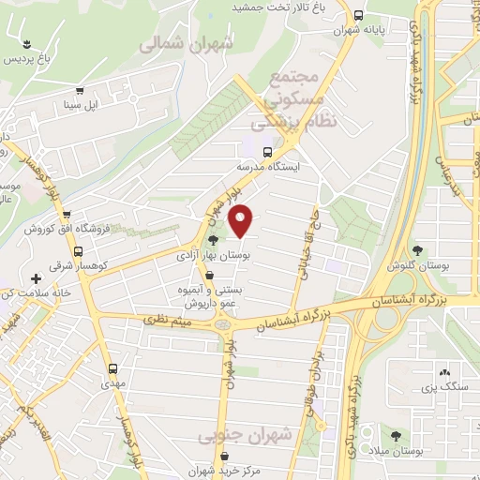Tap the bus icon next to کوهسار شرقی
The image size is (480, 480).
point(80,251)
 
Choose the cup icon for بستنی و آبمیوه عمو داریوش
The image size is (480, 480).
point(209,275)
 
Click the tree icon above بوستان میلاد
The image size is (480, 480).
point(397,436)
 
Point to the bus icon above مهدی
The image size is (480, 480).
point(112,368)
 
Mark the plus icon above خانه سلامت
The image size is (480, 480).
point(36,278)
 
